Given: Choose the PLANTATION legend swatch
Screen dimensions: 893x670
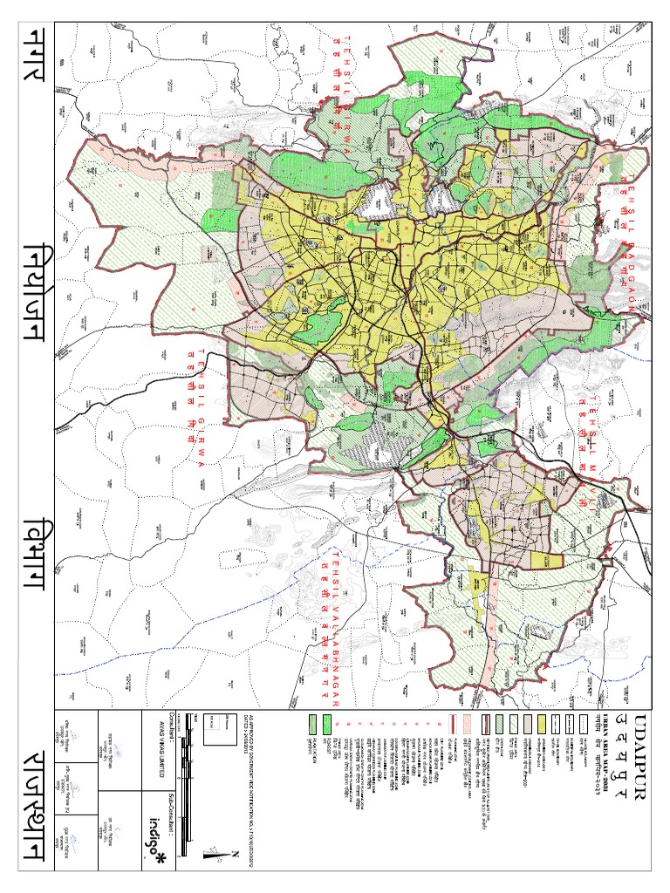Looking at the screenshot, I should [311, 725].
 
